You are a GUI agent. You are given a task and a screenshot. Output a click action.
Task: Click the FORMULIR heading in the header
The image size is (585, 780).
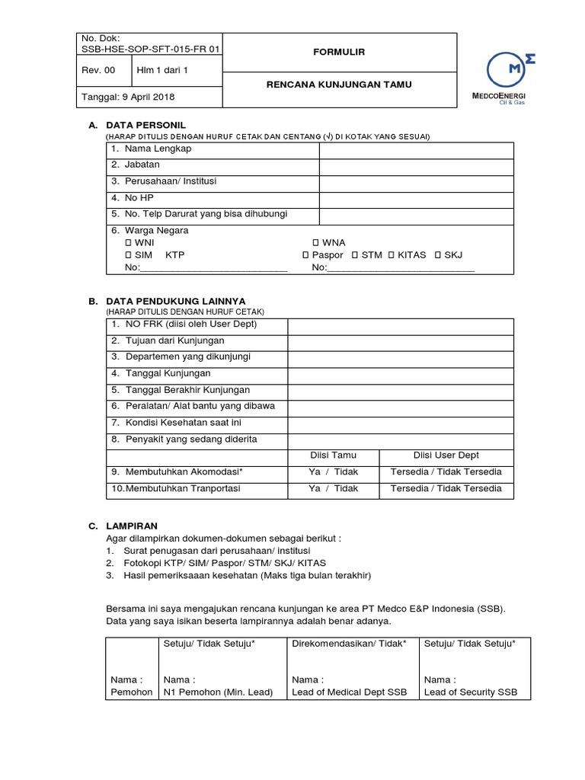(340, 52)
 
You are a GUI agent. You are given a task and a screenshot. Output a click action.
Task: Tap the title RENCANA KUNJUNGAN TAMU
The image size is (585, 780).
(340, 85)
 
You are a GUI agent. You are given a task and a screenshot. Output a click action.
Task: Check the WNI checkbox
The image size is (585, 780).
(129, 242)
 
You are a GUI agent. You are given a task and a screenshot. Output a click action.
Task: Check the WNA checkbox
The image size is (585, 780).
(315, 242)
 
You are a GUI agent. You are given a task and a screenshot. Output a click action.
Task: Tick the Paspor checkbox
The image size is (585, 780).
(305, 255)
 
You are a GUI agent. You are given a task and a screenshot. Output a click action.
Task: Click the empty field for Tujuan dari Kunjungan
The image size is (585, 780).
(400, 342)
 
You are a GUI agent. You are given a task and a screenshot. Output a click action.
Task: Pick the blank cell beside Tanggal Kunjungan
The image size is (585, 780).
(400, 374)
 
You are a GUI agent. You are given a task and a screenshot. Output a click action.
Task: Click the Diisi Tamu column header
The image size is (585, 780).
(333, 456)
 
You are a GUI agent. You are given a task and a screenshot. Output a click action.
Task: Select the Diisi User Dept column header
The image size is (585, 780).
(446, 456)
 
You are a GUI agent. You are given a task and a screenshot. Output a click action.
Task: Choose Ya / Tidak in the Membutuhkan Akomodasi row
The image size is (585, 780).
(333, 472)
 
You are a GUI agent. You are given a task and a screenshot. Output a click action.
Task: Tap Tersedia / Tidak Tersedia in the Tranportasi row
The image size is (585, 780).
(446, 488)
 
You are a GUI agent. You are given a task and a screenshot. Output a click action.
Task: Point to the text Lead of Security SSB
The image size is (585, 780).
(470, 692)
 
